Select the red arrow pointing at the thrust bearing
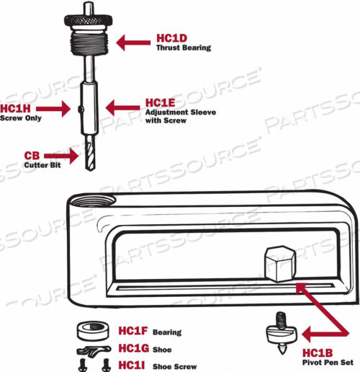134,43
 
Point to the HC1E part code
160,103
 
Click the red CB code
32,155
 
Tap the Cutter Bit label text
41,165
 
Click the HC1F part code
133,332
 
